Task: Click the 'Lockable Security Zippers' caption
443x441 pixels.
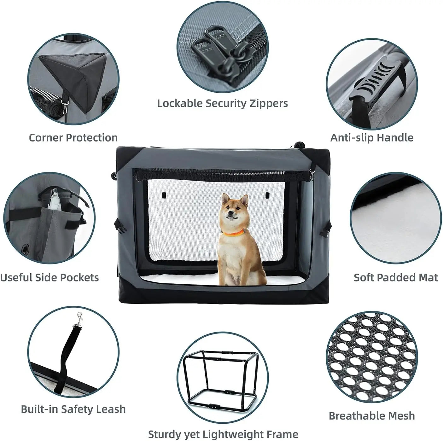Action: point(222,103)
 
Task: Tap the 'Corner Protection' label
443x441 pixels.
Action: point(73,138)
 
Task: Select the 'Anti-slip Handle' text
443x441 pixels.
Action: point(372,138)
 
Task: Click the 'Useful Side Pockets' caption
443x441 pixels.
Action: point(50,277)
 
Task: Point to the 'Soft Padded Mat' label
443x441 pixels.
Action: point(396,277)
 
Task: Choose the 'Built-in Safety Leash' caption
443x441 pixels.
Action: point(73,409)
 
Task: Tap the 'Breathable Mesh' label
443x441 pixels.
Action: point(372,416)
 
